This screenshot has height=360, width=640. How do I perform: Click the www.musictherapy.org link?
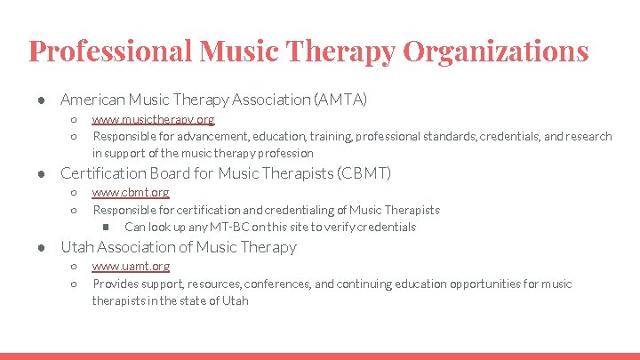[x=153, y=119]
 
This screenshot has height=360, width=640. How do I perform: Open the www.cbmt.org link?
[x=131, y=193]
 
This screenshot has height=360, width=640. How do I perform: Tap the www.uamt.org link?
[x=131, y=267]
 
